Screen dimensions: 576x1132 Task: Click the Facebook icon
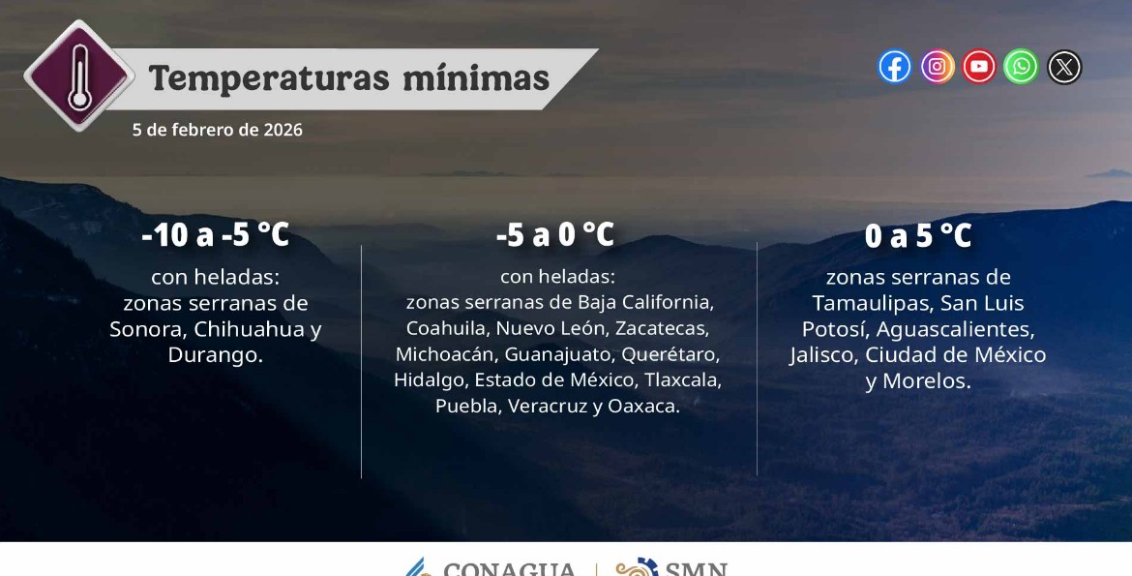point(895,67)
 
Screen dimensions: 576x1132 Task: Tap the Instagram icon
point(938,67)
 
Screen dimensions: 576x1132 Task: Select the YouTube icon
point(979,67)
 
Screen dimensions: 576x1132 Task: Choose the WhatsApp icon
point(1021,67)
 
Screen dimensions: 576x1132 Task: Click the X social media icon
point(1064,67)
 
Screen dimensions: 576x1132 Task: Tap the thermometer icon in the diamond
point(78,75)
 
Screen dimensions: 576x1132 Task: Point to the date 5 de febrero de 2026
point(218,130)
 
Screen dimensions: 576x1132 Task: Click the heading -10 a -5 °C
point(216,234)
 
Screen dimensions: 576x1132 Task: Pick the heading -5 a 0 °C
point(554,234)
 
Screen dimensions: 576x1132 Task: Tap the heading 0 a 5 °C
point(918,235)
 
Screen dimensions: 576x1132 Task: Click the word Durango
point(215,355)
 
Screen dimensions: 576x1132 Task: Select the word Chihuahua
point(250,329)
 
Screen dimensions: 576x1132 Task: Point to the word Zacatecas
point(662,328)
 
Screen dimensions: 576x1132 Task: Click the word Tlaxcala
point(683,380)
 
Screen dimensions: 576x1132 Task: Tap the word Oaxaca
point(643,407)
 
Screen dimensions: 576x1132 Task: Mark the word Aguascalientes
point(954,329)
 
